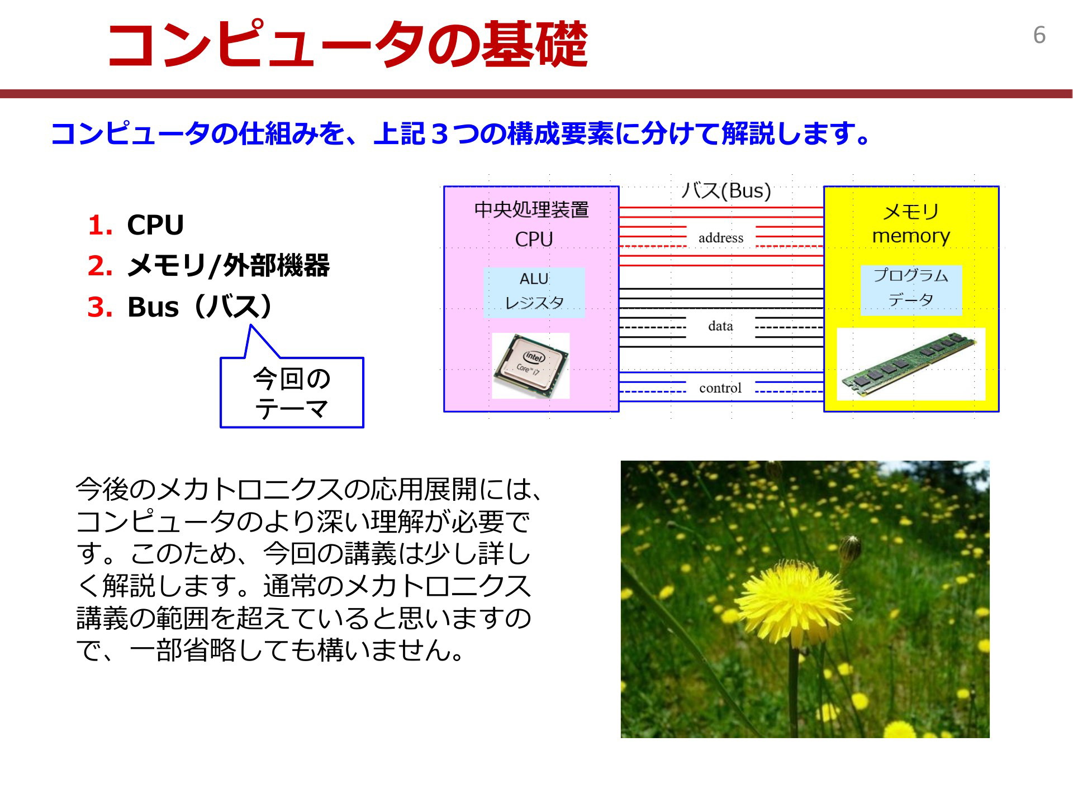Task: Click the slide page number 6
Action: [x=1039, y=35]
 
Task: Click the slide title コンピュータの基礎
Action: [x=346, y=45]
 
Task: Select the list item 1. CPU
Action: [x=136, y=225]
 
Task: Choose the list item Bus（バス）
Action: [x=200, y=307]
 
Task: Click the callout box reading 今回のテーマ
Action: [x=292, y=392]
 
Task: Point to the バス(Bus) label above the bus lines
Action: [x=726, y=191]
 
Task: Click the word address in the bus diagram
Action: [x=721, y=238]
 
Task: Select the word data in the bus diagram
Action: [x=720, y=326]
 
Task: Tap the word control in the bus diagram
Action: [x=720, y=388]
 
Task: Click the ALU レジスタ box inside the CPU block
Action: [x=534, y=292]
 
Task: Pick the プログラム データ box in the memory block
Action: [x=911, y=290]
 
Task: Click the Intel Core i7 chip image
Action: [x=531, y=366]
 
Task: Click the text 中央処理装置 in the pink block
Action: [x=531, y=210]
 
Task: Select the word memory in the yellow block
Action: [x=911, y=236]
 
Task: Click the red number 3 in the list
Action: [x=100, y=307]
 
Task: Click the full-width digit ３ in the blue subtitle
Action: [x=440, y=134]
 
